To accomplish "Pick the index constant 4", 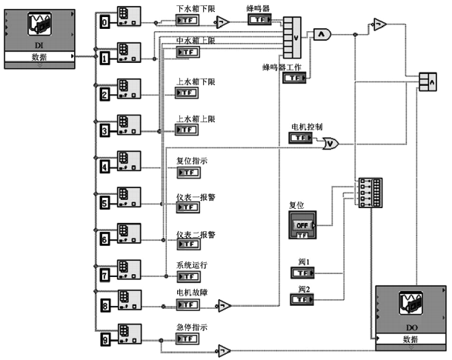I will tap(105, 167).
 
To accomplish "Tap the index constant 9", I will tap(105, 341).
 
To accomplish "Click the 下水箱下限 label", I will tap(195, 8).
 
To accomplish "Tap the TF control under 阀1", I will tap(302, 273).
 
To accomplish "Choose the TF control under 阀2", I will tap(302, 299).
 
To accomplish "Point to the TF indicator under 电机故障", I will tap(187, 303).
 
